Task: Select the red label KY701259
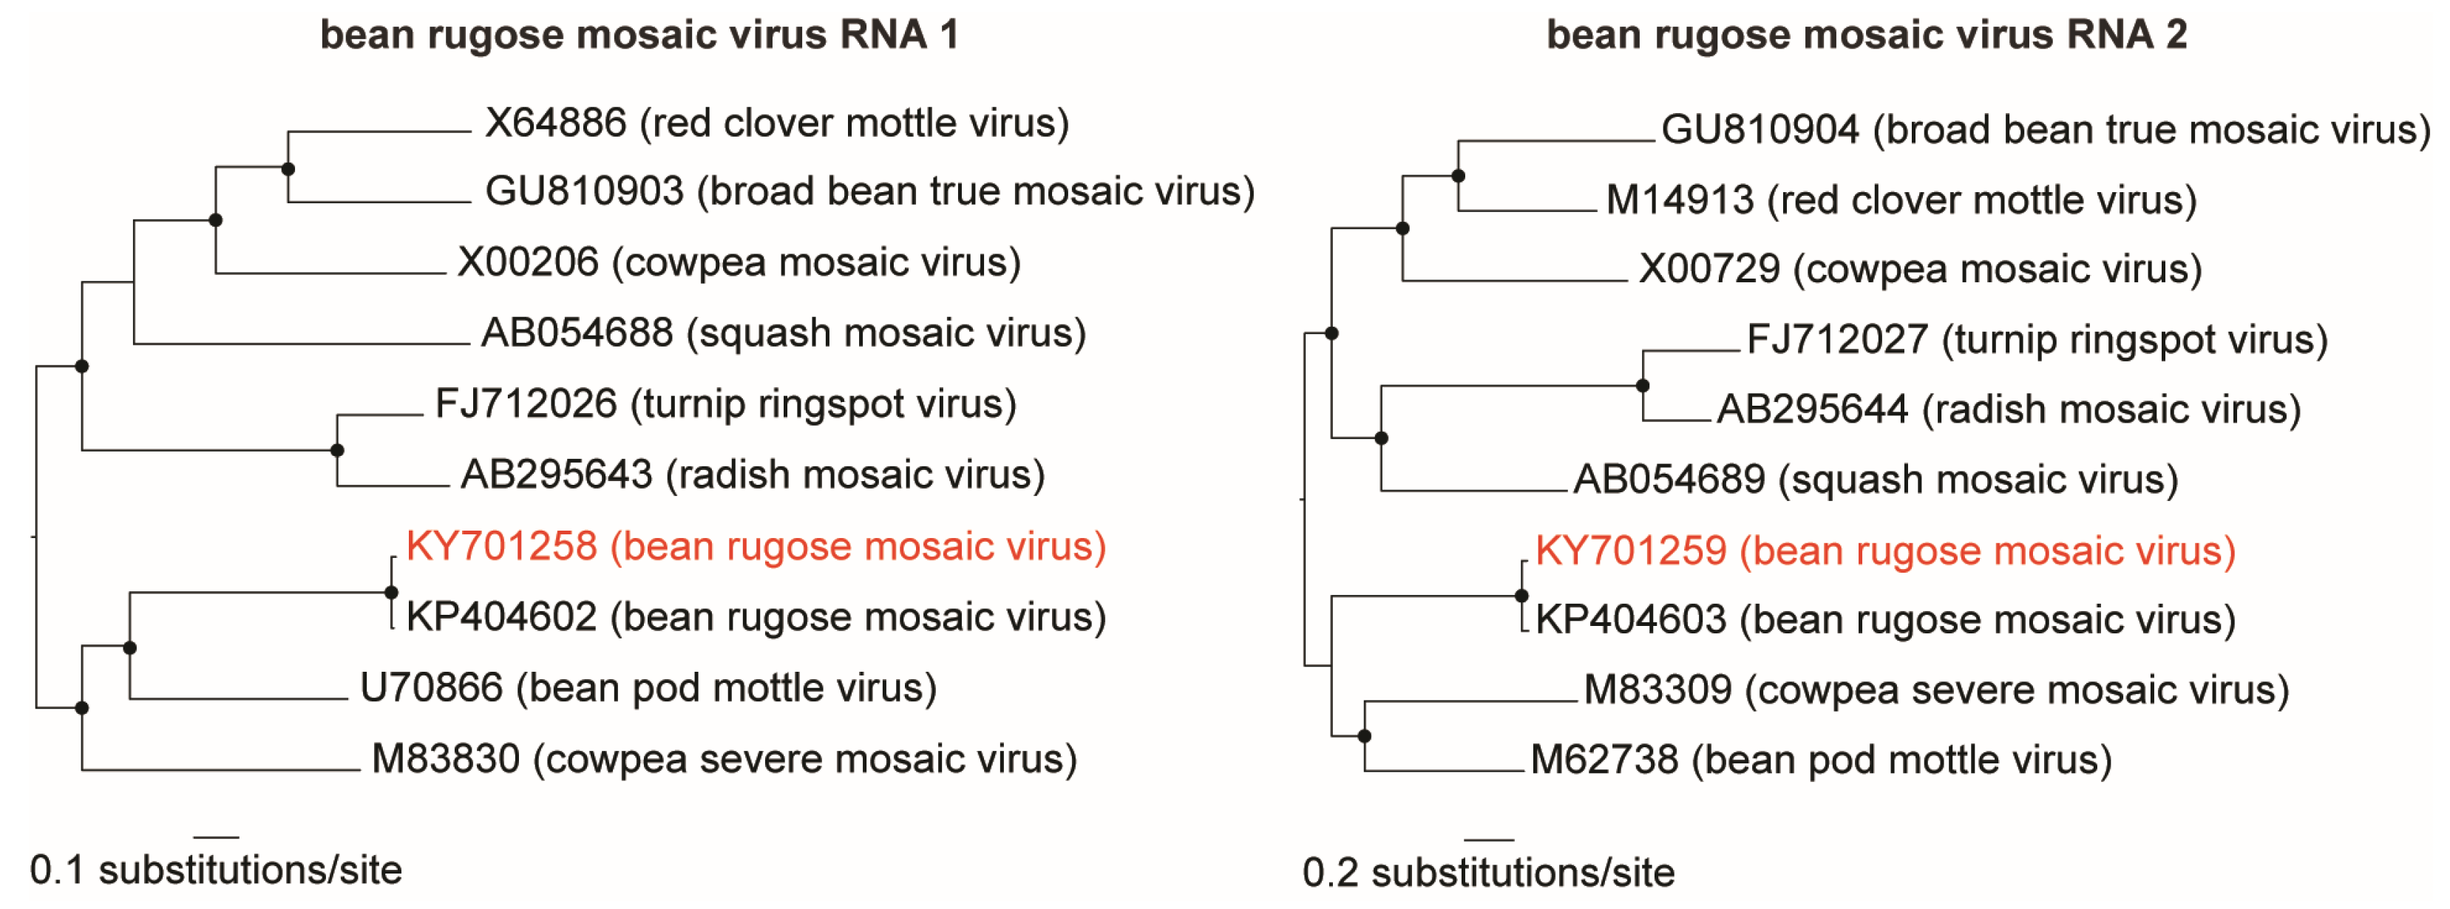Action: pyautogui.click(x=1884, y=551)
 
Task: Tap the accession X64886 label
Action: pyautogui.click(x=776, y=123)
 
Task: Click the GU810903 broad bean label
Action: pyautogui.click(x=869, y=192)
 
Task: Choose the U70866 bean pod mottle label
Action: pyautogui.click(x=648, y=687)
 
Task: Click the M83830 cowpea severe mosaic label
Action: pyautogui.click(x=724, y=759)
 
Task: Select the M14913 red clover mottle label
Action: pyautogui.click(x=1900, y=200)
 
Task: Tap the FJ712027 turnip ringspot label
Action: pyautogui.click(x=2036, y=339)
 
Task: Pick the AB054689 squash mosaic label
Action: pyautogui.click(x=1875, y=479)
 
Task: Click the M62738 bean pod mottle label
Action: pyautogui.click(x=1820, y=760)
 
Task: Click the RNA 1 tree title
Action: pyautogui.click(x=639, y=35)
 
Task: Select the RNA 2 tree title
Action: pyautogui.click(x=1866, y=35)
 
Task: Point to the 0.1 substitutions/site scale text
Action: pyautogui.click(x=216, y=870)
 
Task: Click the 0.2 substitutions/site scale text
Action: pyautogui.click(x=1487, y=873)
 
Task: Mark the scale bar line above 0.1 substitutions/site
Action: pyautogui.click(x=216, y=837)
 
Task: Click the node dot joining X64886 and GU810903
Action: pyautogui.click(x=288, y=169)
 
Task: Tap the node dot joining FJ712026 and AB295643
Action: pyautogui.click(x=336, y=450)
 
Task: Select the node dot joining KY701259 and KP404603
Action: pyautogui.click(x=1521, y=595)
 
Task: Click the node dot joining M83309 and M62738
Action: pyautogui.click(x=1365, y=736)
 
